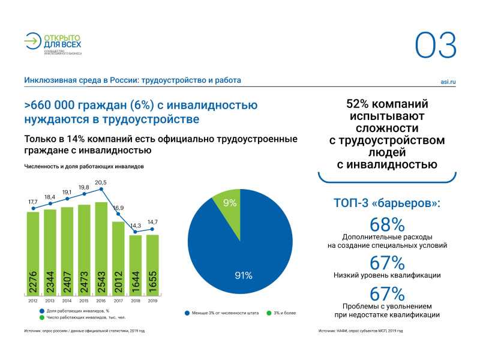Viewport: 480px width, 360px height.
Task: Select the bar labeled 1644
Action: point(136,264)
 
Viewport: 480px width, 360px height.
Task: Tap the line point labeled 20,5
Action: point(101,189)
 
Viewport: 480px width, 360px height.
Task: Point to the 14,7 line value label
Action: point(152,221)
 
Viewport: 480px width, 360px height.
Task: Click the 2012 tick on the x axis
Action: point(32,301)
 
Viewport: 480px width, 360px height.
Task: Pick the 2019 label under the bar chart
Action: point(152,301)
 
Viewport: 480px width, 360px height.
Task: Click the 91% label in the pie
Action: point(242,275)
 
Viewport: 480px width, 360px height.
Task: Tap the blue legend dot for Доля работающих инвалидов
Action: point(42,311)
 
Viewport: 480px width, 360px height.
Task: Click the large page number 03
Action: point(436,45)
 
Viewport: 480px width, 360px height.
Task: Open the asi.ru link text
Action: point(448,80)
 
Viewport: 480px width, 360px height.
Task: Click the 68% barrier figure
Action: point(387,225)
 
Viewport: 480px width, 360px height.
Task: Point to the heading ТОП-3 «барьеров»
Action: point(387,203)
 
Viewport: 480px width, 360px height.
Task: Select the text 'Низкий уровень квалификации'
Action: point(387,275)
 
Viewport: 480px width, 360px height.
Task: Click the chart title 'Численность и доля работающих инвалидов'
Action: point(84,166)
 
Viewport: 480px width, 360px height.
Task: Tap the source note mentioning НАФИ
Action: point(360,331)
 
